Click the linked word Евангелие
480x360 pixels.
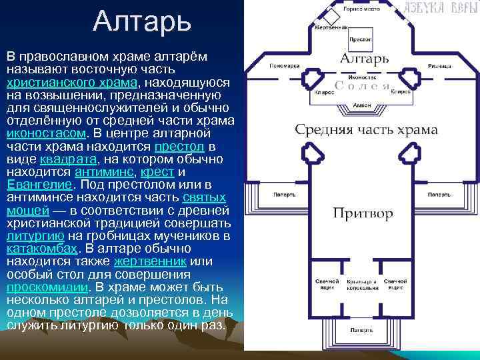[x=39, y=184]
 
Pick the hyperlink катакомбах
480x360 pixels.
[x=42, y=248]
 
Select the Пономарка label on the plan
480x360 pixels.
[x=284, y=66]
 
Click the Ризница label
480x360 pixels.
[x=441, y=66]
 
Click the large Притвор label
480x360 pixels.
[x=363, y=213]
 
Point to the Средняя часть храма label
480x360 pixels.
[x=366, y=129]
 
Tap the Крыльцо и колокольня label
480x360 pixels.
[x=362, y=285]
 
